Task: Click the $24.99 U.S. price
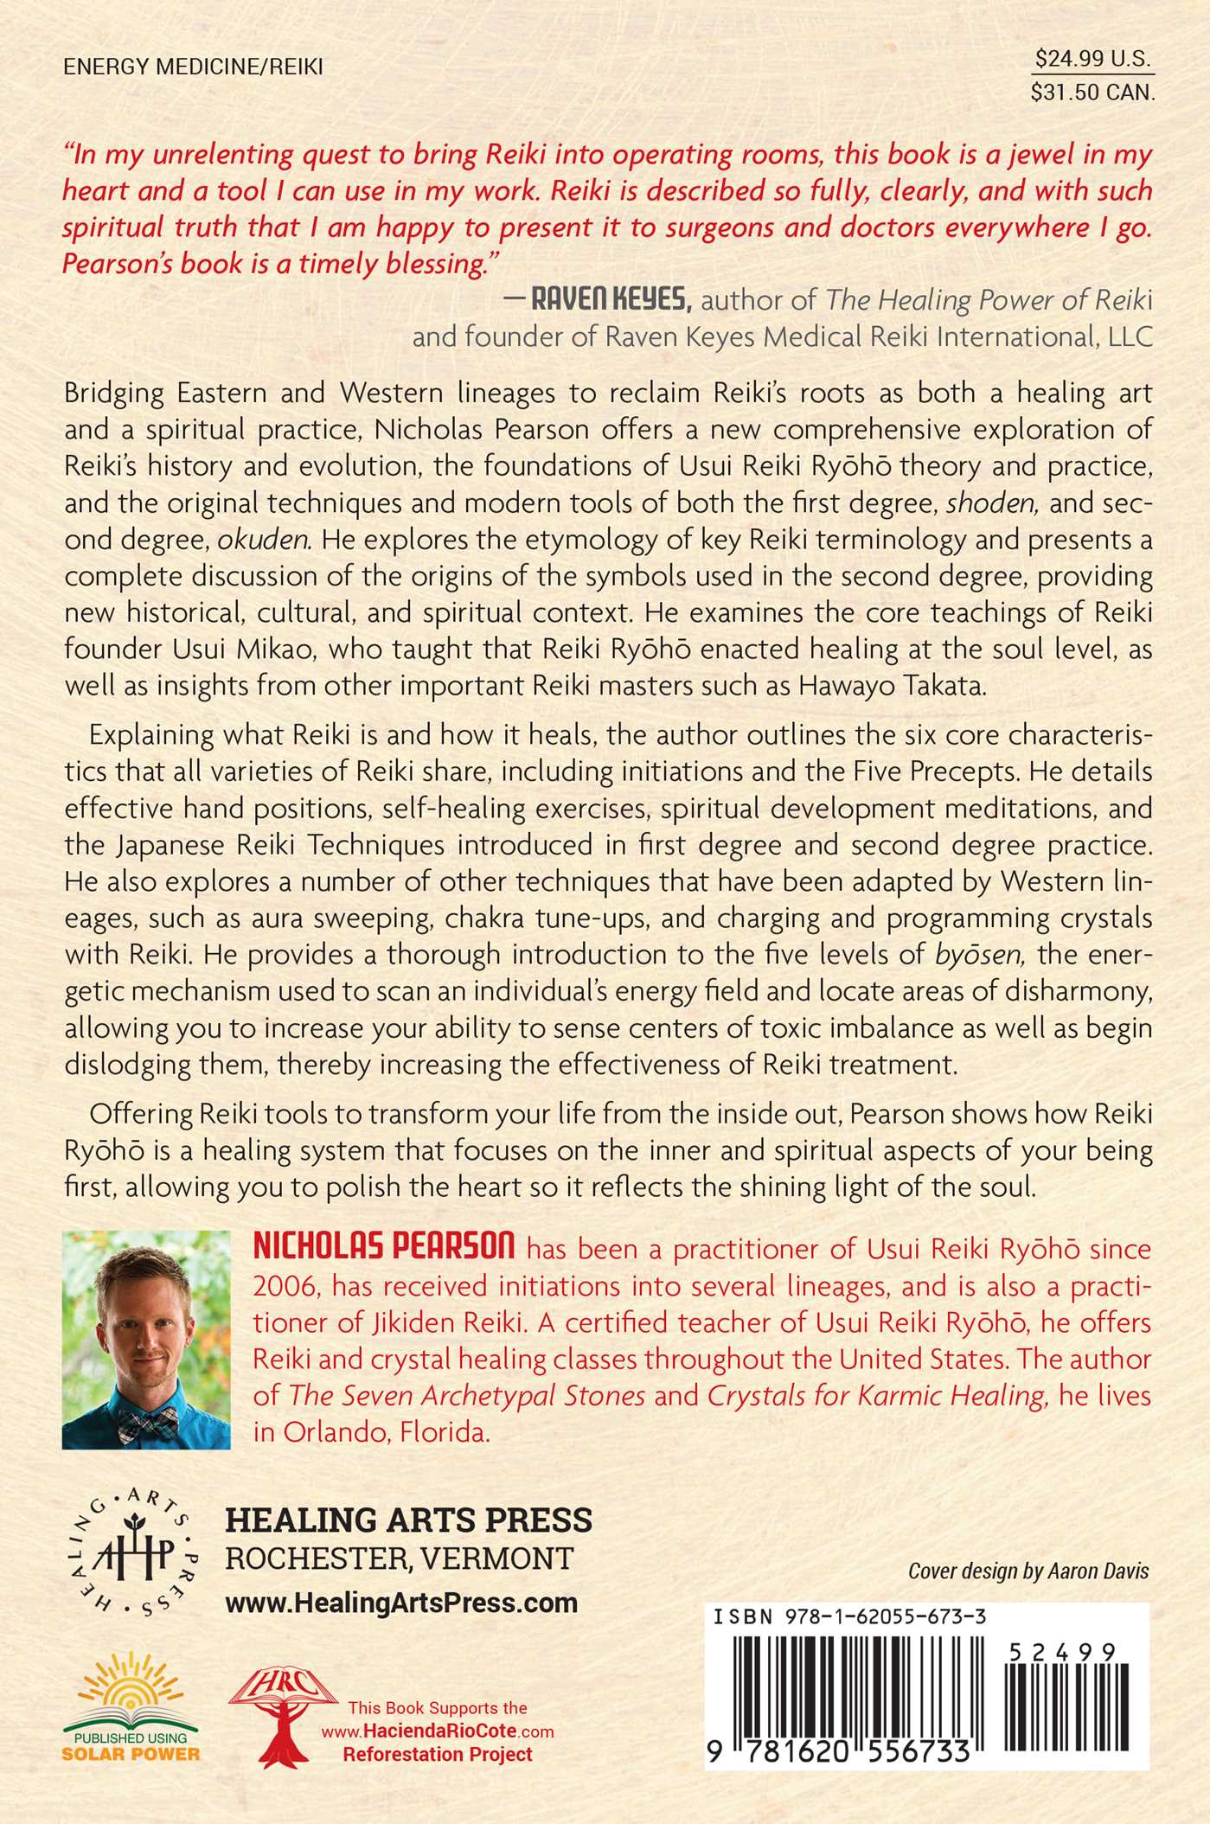pos(1093,59)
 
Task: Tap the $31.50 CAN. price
pos(1093,93)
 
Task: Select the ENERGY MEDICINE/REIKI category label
pos(193,67)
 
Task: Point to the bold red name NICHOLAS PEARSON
pos(384,1247)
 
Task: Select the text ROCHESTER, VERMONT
pos(399,1558)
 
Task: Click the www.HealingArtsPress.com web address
pos(401,1602)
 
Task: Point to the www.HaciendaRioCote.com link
pos(438,1731)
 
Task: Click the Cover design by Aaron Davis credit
pos(1028,1571)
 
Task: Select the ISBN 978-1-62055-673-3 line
pos(850,1617)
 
